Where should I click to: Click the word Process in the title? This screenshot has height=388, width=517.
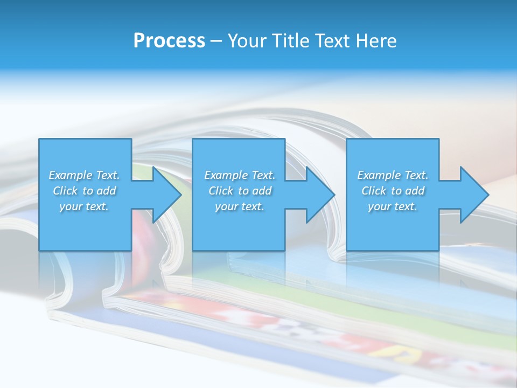(x=169, y=41)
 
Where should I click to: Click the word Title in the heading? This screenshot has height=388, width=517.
(x=290, y=41)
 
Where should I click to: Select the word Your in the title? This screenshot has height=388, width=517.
(x=246, y=41)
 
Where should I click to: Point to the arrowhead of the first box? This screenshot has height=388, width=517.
(x=167, y=195)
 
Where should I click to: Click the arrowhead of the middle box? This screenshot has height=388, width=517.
(x=320, y=195)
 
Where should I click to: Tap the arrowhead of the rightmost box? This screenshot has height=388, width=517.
(x=474, y=195)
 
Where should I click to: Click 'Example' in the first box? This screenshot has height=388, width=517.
(x=70, y=175)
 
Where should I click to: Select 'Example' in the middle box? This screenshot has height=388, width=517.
(x=226, y=175)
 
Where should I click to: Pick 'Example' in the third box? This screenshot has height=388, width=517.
(x=379, y=175)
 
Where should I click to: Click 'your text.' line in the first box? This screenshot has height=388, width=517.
(x=84, y=206)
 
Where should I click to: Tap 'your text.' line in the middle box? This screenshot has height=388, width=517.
(x=239, y=206)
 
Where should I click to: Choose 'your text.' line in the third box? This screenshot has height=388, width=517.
(x=392, y=206)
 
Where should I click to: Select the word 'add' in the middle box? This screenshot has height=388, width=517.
(x=262, y=191)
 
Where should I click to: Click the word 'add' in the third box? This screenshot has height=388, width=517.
(x=415, y=191)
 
